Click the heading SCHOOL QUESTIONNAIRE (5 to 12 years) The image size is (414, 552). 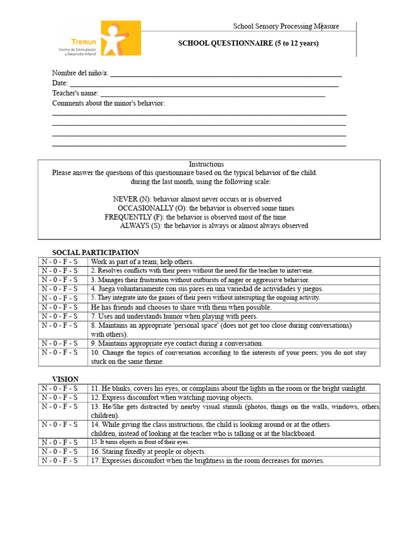[248, 43]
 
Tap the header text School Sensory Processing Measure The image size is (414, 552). [286, 26]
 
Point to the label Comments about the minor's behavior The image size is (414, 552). [108, 103]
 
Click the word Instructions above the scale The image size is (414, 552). [206, 164]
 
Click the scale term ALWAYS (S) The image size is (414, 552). [141, 226]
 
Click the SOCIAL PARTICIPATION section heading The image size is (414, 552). [95, 252]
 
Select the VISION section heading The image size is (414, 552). [65, 379]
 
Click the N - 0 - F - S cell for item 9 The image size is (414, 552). [60, 343]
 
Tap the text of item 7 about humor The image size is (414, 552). [174, 316]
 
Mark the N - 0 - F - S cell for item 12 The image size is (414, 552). [60, 397]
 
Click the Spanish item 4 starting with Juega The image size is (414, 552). [207, 289]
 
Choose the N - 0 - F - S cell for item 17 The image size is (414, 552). [60, 461]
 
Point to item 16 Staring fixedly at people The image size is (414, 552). [148, 452]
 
